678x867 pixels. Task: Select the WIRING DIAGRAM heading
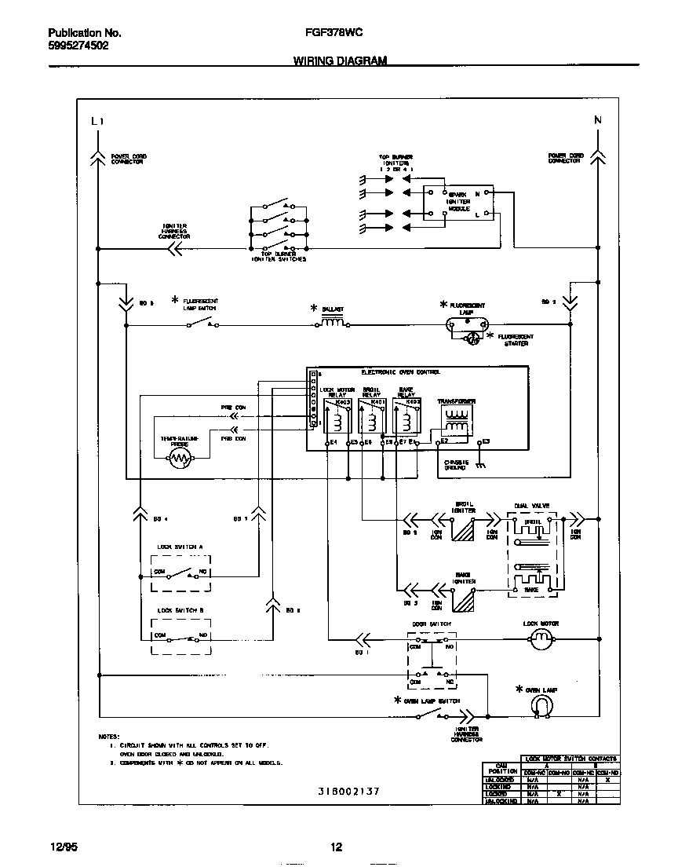pyautogui.click(x=340, y=60)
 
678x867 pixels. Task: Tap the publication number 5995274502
pyautogui.click(x=78, y=46)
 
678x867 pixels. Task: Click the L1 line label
pyautogui.click(x=97, y=121)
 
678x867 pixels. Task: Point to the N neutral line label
pyautogui.click(x=597, y=120)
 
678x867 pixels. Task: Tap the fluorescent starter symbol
pyautogui.click(x=472, y=338)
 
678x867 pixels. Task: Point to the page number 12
pyautogui.click(x=336, y=847)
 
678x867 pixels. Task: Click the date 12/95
pyautogui.click(x=61, y=847)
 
